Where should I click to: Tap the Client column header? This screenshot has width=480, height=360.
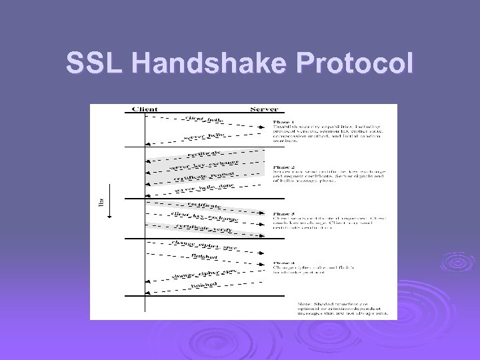click(145, 109)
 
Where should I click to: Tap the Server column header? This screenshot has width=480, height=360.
click(264, 109)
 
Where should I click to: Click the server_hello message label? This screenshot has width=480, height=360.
click(204, 136)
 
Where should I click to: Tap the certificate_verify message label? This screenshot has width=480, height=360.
click(204, 227)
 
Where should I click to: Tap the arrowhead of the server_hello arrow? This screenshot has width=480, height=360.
click(148, 143)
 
